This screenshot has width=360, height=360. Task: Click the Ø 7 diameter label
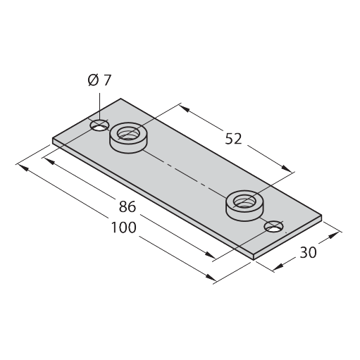[99, 80]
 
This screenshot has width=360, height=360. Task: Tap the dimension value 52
[233, 139]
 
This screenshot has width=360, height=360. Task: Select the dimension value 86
[128, 206]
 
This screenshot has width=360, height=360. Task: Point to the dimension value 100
[123, 228]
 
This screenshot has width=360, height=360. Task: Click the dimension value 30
[308, 252]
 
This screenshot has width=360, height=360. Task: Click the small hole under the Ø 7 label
[100, 125]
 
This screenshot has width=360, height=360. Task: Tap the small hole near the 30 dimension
[273, 226]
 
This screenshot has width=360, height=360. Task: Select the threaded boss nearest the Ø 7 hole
[129, 137]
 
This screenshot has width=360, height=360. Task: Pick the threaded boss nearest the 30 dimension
[244, 206]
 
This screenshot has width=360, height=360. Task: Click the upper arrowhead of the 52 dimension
[185, 108]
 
